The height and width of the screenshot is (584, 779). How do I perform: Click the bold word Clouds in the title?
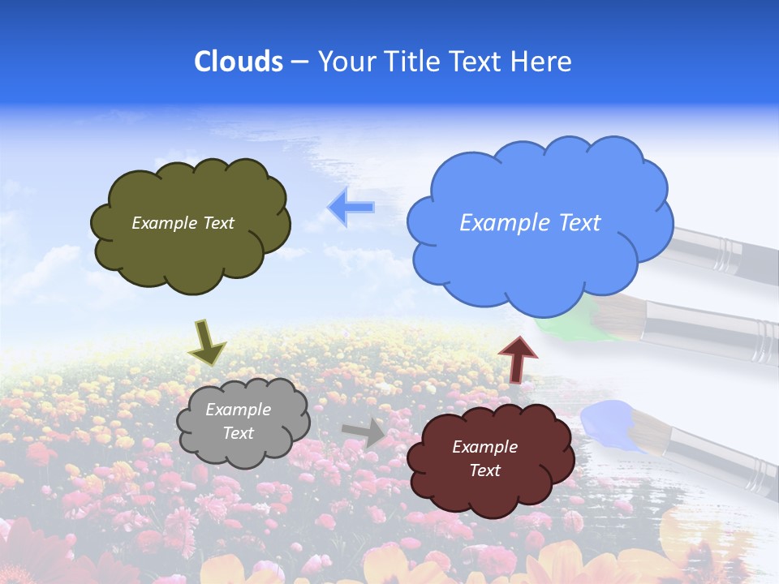(x=239, y=62)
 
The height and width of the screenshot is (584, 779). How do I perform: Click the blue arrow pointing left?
(x=351, y=208)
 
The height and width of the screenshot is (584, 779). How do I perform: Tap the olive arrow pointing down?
(x=206, y=341)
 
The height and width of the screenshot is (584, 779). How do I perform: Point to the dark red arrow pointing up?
(x=517, y=359)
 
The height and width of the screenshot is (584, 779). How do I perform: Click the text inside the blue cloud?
(x=530, y=223)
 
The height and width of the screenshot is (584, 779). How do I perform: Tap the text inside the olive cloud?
(x=183, y=223)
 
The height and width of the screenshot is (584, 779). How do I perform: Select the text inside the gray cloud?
(x=238, y=421)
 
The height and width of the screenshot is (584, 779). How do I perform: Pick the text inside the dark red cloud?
(x=484, y=458)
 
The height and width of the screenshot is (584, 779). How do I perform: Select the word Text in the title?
(x=478, y=62)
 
